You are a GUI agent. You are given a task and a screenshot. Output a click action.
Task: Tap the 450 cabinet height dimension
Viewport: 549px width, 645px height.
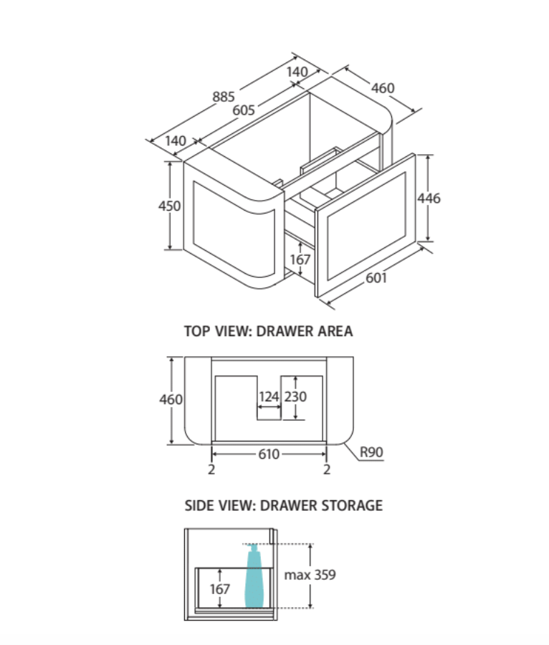170,206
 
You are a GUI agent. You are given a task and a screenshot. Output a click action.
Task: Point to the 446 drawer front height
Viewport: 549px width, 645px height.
429,199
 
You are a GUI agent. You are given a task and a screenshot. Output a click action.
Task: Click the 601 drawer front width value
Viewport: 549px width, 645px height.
376,277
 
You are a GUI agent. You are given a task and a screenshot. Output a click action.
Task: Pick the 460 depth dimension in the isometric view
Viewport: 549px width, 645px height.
383,88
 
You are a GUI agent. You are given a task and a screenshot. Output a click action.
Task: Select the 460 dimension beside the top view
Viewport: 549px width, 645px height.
171,399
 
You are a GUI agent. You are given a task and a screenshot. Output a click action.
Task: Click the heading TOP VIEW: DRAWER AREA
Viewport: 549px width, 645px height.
269,332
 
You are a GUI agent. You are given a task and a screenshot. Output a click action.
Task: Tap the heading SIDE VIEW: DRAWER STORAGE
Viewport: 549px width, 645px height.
284,505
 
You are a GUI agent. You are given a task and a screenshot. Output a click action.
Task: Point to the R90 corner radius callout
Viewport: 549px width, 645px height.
372,452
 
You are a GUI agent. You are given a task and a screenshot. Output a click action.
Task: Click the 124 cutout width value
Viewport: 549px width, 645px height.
269,396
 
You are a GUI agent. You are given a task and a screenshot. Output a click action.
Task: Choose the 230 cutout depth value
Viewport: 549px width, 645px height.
296,396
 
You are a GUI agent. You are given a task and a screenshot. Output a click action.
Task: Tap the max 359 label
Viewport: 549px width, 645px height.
310,575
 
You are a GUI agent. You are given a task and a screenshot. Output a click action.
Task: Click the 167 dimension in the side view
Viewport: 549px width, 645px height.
220,588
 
